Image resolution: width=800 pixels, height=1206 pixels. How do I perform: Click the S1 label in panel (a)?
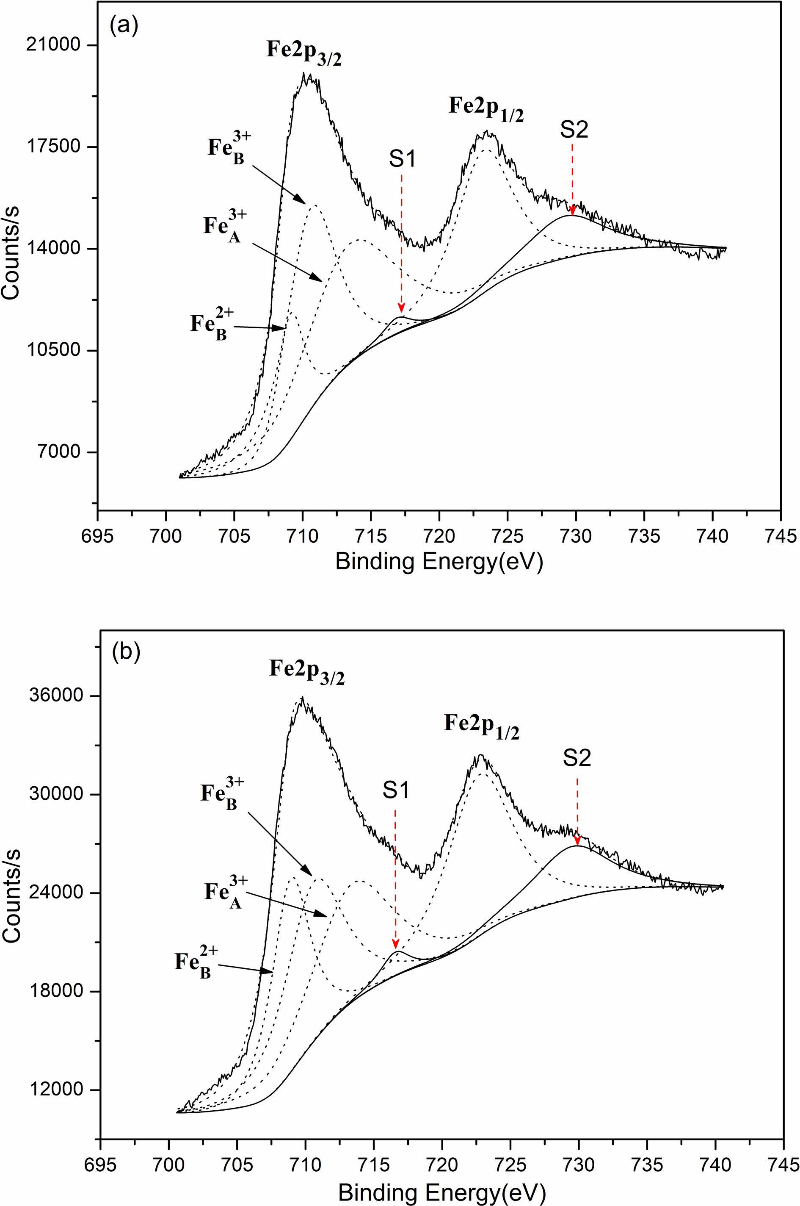[403, 159]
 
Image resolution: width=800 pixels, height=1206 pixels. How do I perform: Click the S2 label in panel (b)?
[577, 758]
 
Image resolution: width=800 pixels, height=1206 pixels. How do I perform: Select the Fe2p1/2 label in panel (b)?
[481, 725]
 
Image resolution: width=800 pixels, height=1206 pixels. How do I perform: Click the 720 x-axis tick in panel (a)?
[439, 536]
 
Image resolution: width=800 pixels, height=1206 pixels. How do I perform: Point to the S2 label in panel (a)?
[574, 130]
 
